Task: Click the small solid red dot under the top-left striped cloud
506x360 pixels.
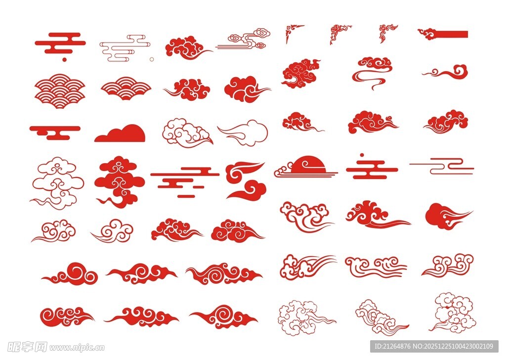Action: point(64,59)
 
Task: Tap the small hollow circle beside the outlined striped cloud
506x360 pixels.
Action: point(152,59)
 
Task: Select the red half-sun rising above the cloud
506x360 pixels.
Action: point(309,164)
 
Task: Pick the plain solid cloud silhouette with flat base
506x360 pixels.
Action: point(120,133)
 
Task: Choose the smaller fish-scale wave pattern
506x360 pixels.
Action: point(126,88)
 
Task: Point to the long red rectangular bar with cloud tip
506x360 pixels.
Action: point(443,34)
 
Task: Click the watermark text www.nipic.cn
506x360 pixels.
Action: point(77,348)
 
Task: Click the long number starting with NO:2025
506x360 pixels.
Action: point(454,346)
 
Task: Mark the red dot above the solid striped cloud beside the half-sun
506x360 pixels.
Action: point(362,155)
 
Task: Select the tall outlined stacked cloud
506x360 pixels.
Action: point(57,183)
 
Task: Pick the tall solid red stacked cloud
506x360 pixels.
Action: point(120,182)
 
